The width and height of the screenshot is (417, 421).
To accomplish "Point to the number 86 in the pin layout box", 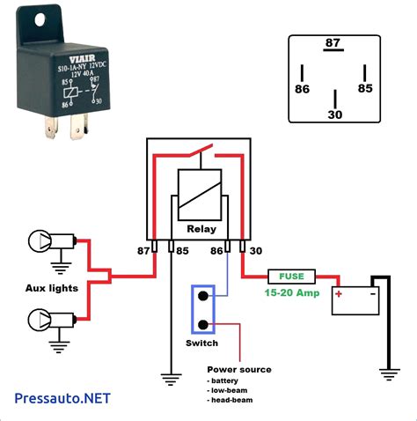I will click(x=302, y=89).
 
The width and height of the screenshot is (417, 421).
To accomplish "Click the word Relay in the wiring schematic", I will click(x=201, y=227).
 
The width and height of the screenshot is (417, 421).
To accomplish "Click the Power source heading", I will click(x=239, y=369).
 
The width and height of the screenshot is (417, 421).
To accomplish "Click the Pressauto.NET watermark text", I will click(x=63, y=398).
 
